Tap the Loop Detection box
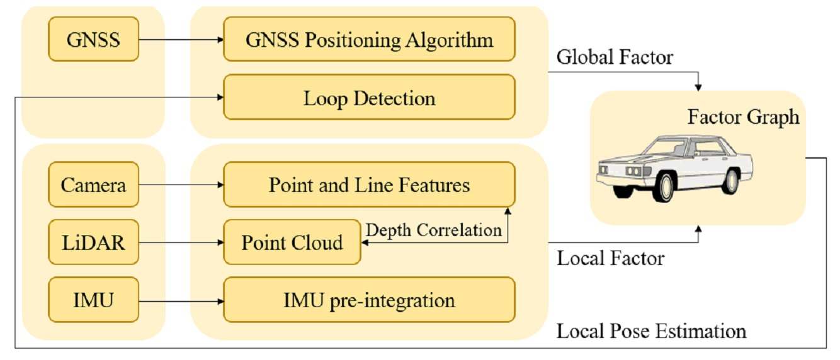click(369, 98)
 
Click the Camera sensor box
click(93, 184)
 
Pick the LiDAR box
click(93, 242)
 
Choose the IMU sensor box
click(93, 300)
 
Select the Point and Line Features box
click(369, 184)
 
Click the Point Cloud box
click(292, 242)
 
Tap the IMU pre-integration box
click(369, 300)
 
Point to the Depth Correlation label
click(434, 230)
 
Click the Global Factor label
click(615, 57)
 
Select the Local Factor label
click(610, 257)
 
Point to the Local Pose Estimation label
click(651, 330)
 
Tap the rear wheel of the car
click(731, 180)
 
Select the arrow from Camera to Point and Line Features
click(181, 184)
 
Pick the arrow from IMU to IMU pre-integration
click(181, 300)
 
